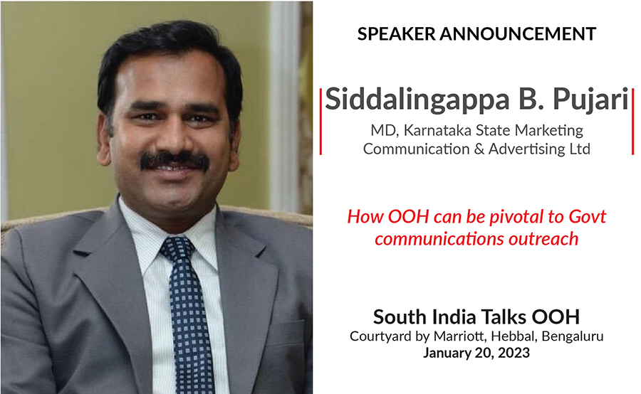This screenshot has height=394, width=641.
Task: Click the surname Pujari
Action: (x=590, y=100)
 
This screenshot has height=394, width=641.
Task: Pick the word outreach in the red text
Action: (x=543, y=239)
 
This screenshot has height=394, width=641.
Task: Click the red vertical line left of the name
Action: (x=321, y=122)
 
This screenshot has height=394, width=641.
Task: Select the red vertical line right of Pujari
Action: (x=632, y=122)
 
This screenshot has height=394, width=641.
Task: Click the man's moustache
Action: (x=174, y=161)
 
